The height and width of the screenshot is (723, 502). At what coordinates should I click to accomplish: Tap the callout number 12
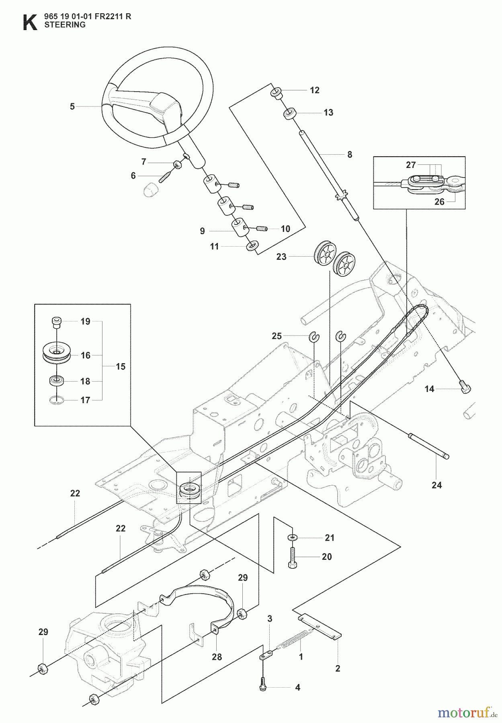[x=315, y=90]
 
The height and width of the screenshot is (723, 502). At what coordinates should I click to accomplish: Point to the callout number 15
[x=120, y=366]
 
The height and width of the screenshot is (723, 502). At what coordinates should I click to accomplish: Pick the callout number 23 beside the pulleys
[x=281, y=256]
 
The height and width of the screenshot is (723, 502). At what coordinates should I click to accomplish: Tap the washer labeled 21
[x=292, y=537]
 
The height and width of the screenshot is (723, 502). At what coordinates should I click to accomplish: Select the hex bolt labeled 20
[x=292, y=558]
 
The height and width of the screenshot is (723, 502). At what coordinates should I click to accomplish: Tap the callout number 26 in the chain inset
[x=439, y=201]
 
